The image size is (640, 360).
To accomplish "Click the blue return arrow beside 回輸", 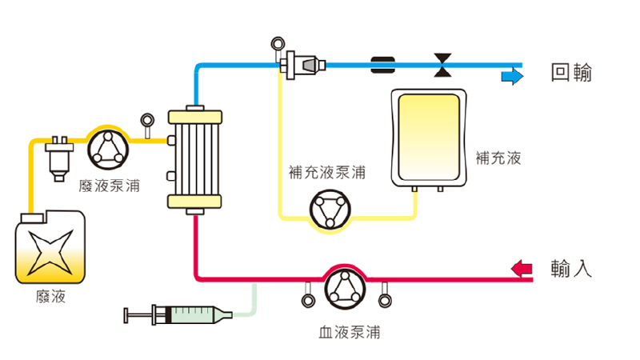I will tap(511, 77).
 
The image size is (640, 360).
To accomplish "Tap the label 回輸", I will tap(572, 74).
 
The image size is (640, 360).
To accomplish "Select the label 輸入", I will tap(571, 268).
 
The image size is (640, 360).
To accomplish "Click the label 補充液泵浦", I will tap(326, 172).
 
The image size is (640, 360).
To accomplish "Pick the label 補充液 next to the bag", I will tap(498, 158).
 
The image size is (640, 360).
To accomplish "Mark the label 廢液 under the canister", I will tap(51, 298).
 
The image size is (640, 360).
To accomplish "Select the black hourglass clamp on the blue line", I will tap(442, 64).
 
